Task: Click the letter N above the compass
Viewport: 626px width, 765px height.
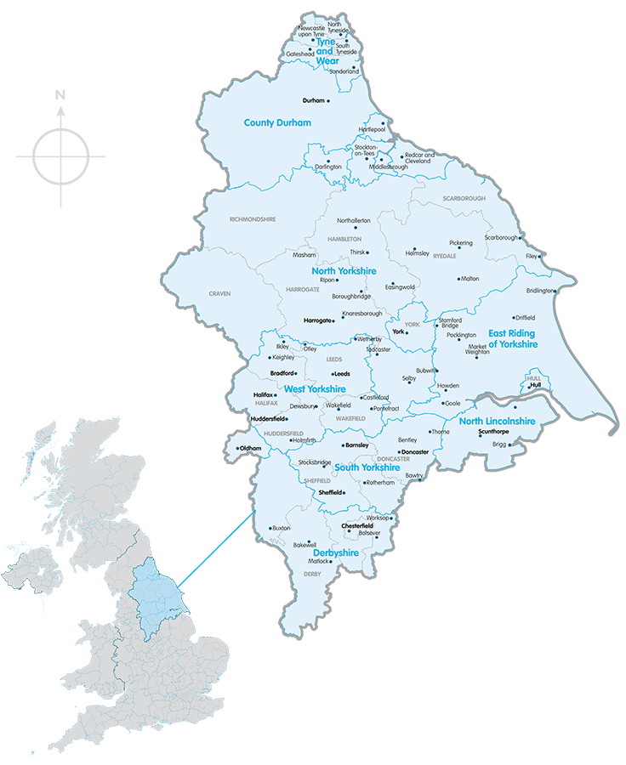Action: (60, 95)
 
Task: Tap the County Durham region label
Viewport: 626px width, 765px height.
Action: (277, 123)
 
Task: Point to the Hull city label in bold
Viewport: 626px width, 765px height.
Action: (534, 385)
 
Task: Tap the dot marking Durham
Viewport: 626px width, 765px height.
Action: (328, 100)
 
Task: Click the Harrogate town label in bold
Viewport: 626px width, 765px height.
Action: (318, 320)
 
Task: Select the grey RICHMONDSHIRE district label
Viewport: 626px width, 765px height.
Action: (253, 219)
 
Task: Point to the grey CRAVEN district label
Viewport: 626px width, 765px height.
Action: (219, 293)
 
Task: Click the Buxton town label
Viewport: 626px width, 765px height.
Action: (281, 528)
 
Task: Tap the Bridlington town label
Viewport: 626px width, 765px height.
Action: (539, 291)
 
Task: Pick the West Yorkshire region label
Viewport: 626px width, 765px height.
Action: (315, 388)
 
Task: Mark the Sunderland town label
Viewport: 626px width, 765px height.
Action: (344, 71)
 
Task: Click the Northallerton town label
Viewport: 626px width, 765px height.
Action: (353, 220)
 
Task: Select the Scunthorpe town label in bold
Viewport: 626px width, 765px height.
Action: (493, 432)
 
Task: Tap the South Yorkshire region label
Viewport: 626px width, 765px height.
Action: (367, 467)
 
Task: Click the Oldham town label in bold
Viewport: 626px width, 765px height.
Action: (250, 448)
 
